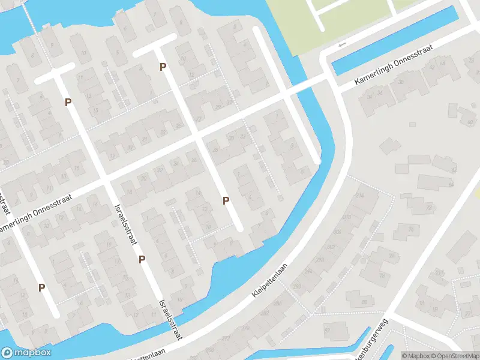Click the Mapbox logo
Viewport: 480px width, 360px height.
pyautogui.click(x=26, y=353)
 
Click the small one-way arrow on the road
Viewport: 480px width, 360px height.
pyautogui.click(x=342, y=45)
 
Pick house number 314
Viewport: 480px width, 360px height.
pyautogui.click(x=360, y=196)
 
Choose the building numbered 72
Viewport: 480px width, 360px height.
pyautogui.click(x=430, y=208)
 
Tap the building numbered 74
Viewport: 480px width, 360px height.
pyautogui.click(x=410, y=229)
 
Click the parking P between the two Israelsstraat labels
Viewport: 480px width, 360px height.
pyautogui.click(x=142, y=259)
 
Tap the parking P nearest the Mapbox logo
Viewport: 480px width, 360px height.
pyautogui.click(x=41, y=287)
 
